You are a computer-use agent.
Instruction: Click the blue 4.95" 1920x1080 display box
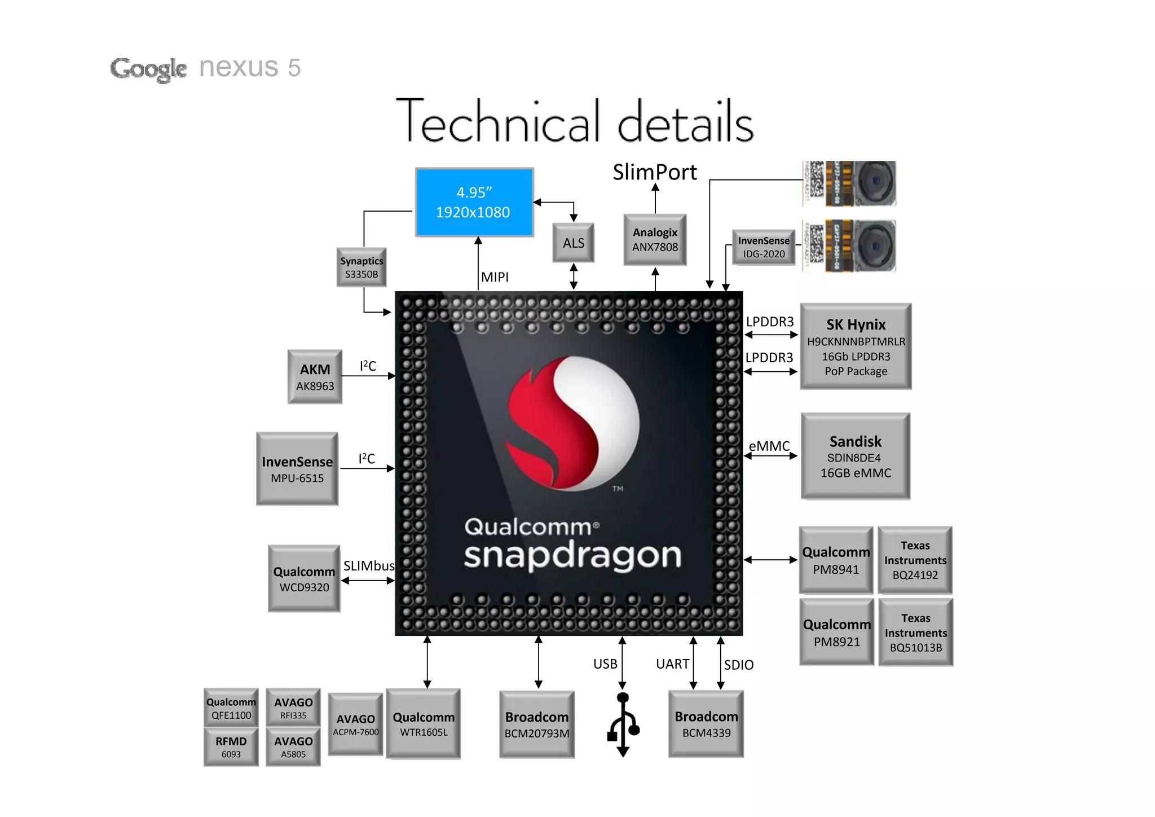point(474,202)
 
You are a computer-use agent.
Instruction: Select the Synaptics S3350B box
point(362,267)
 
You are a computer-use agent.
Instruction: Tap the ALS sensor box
point(573,243)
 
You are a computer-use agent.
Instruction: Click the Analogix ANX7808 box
point(655,240)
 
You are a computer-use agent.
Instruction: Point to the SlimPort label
point(655,172)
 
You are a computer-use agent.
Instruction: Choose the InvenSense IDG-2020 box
point(764,247)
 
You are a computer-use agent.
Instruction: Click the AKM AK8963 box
point(315,377)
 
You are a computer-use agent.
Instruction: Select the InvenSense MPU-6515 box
point(297,469)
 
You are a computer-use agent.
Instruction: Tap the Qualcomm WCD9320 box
point(304,579)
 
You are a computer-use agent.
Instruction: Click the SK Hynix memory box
point(856,346)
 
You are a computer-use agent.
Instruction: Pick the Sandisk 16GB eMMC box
point(856,456)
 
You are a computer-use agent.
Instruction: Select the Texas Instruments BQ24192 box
point(915,560)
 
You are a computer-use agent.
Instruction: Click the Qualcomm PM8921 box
point(836,632)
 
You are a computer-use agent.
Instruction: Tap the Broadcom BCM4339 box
point(706,724)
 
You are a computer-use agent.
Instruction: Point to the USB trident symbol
point(623,725)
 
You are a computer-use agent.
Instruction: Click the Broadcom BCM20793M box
point(537,724)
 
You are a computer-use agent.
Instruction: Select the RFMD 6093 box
point(231,746)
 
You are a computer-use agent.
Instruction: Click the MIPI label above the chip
point(495,277)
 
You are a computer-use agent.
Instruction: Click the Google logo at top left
point(148,69)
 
